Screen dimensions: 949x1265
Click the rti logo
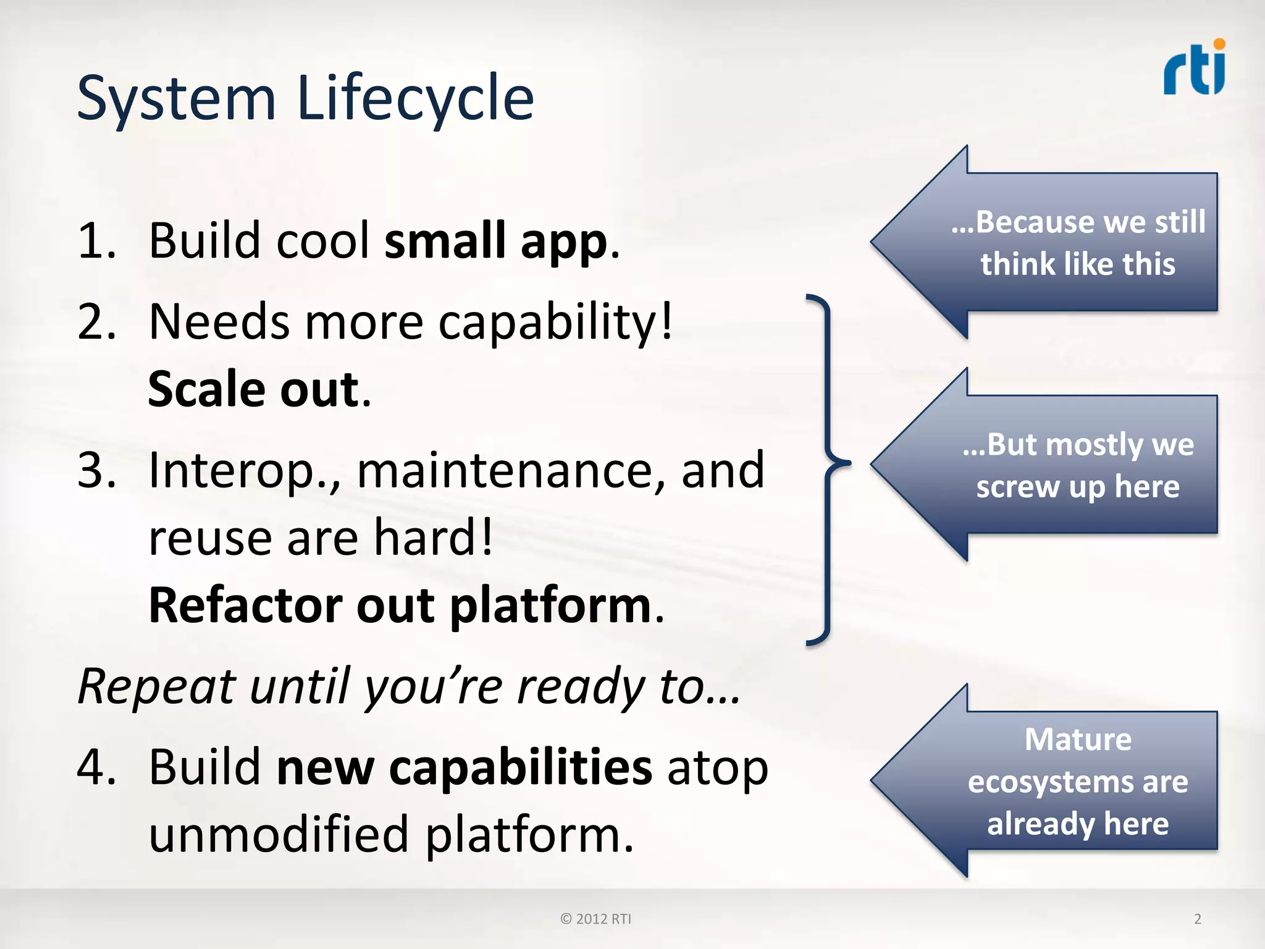1195,68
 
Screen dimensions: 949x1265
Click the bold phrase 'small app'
496,240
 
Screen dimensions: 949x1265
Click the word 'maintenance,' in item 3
511,471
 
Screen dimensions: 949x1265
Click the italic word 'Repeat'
157,686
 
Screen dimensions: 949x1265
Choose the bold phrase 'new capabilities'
464,767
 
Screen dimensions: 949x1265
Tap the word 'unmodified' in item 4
279,834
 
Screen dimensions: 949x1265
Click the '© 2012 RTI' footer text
595,919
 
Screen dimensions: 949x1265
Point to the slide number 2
1198,919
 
